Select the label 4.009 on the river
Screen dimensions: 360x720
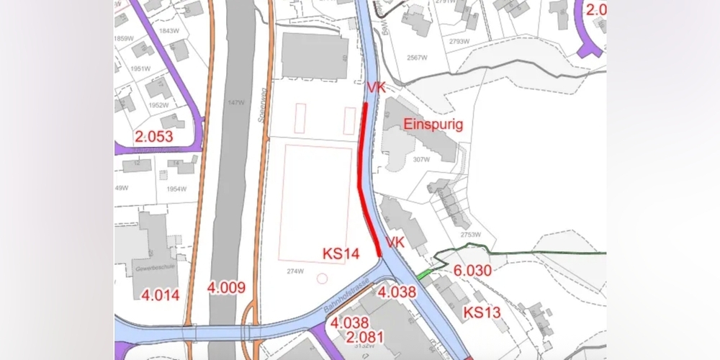pos(226,288)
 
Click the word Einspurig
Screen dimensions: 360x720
pos(433,125)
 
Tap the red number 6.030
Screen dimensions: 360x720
pos(472,270)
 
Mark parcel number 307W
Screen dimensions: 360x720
pos(420,160)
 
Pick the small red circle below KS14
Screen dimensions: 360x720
pos(322,277)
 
